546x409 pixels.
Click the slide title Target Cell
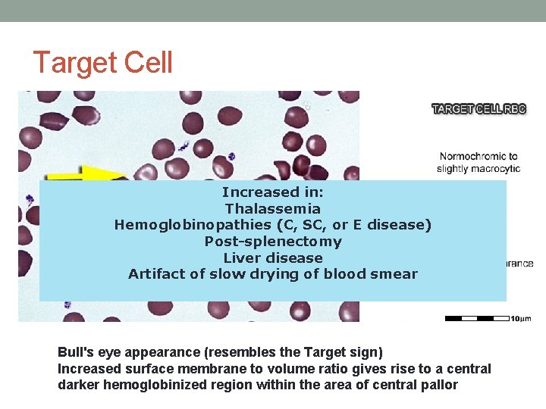coord(103,62)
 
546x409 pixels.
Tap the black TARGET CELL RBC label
coord(479,109)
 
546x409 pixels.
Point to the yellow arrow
coord(87,173)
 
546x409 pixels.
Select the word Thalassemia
coord(272,208)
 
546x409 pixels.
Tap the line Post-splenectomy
coord(272,242)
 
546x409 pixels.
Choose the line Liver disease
coord(272,258)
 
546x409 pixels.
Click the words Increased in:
coord(272,192)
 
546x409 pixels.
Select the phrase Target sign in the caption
coord(352,352)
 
